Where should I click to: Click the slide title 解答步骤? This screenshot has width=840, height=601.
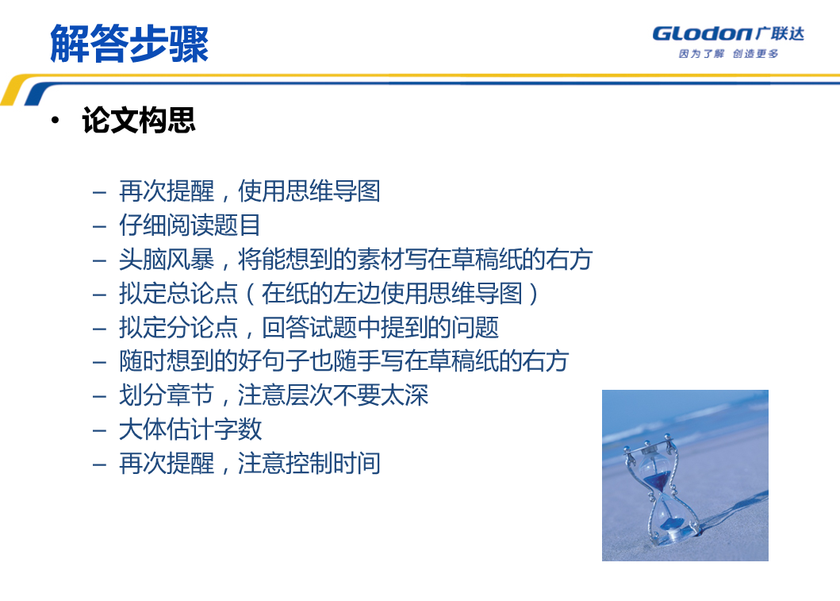click(x=129, y=44)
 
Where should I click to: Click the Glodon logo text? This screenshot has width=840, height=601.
click(x=702, y=34)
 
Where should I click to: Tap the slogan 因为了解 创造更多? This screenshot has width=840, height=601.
click(x=728, y=54)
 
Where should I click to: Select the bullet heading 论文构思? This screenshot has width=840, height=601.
click(x=139, y=120)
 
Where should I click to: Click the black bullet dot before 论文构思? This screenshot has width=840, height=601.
click(x=56, y=120)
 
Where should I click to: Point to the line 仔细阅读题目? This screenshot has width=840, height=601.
click(x=190, y=225)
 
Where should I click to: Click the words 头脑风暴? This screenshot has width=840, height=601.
click(x=166, y=260)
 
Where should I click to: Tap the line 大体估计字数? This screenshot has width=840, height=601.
click(x=190, y=430)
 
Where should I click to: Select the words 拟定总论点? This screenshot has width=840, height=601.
click(x=178, y=293)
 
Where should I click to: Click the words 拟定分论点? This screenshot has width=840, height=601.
click(x=178, y=328)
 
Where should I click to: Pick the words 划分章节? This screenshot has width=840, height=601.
click(x=166, y=395)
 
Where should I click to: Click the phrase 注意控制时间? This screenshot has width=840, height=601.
click(x=309, y=463)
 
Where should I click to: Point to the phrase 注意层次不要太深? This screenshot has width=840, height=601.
click(x=333, y=395)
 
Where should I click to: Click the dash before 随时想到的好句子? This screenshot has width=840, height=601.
click(x=99, y=362)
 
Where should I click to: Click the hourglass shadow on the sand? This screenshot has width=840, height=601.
click(x=731, y=512)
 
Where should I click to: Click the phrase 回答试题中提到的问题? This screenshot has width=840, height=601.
click(x=381, y=328)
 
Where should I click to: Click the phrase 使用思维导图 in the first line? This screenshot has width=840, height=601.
click(x=309, y=191)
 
